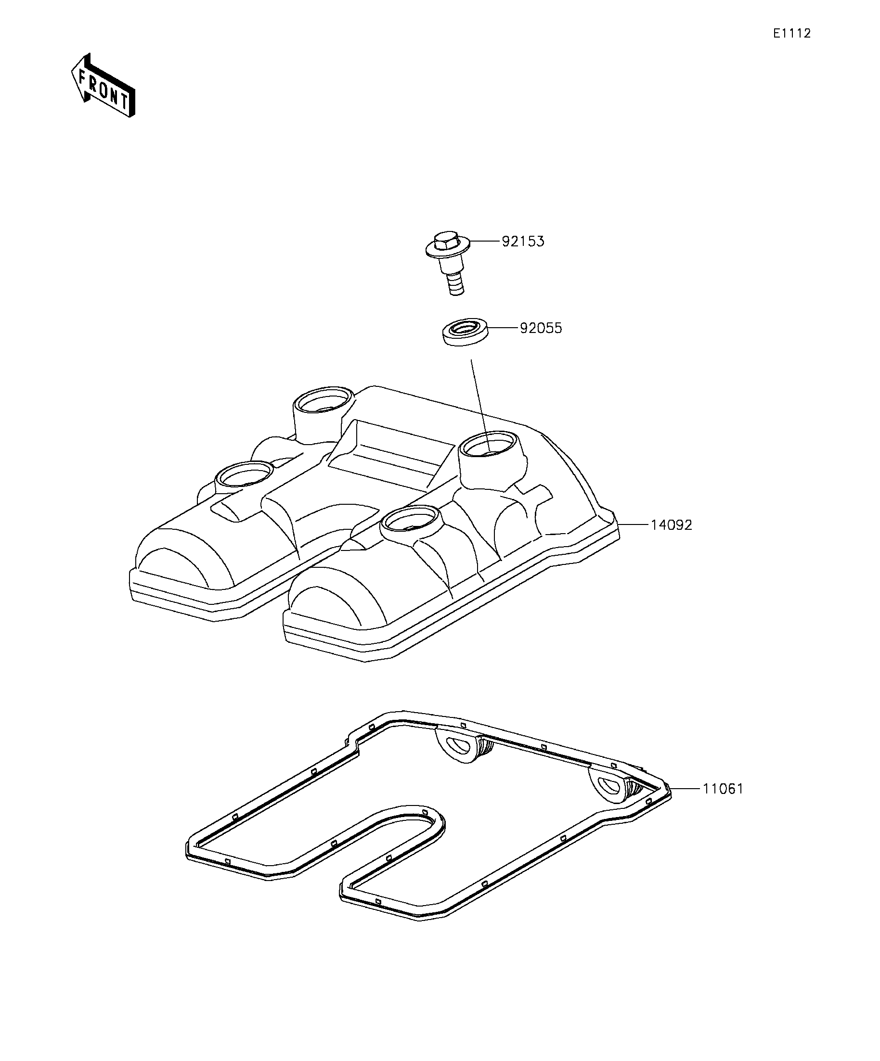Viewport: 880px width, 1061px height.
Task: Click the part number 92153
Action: pos(523,242)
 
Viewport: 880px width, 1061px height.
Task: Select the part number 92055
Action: pos(541,328)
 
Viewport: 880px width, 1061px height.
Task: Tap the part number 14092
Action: pos(671,525)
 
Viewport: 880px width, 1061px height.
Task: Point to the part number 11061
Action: pos(723,789)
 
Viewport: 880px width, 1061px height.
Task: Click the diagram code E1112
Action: pos(791,33)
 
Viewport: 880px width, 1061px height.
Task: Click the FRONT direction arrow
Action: pos(103,85)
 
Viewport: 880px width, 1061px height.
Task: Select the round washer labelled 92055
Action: pos(466,332)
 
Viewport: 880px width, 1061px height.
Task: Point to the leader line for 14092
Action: pos(634,525)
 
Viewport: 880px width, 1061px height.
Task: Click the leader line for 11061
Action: pos(685,789)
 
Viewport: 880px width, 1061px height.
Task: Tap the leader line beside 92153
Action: pos(485,242)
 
